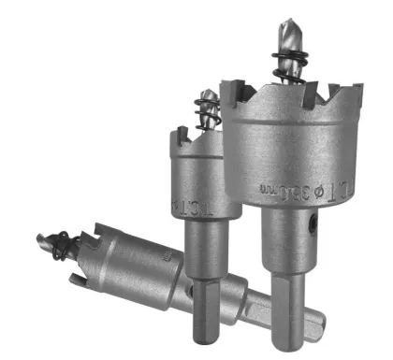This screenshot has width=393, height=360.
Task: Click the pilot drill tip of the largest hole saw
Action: [286, 26]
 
